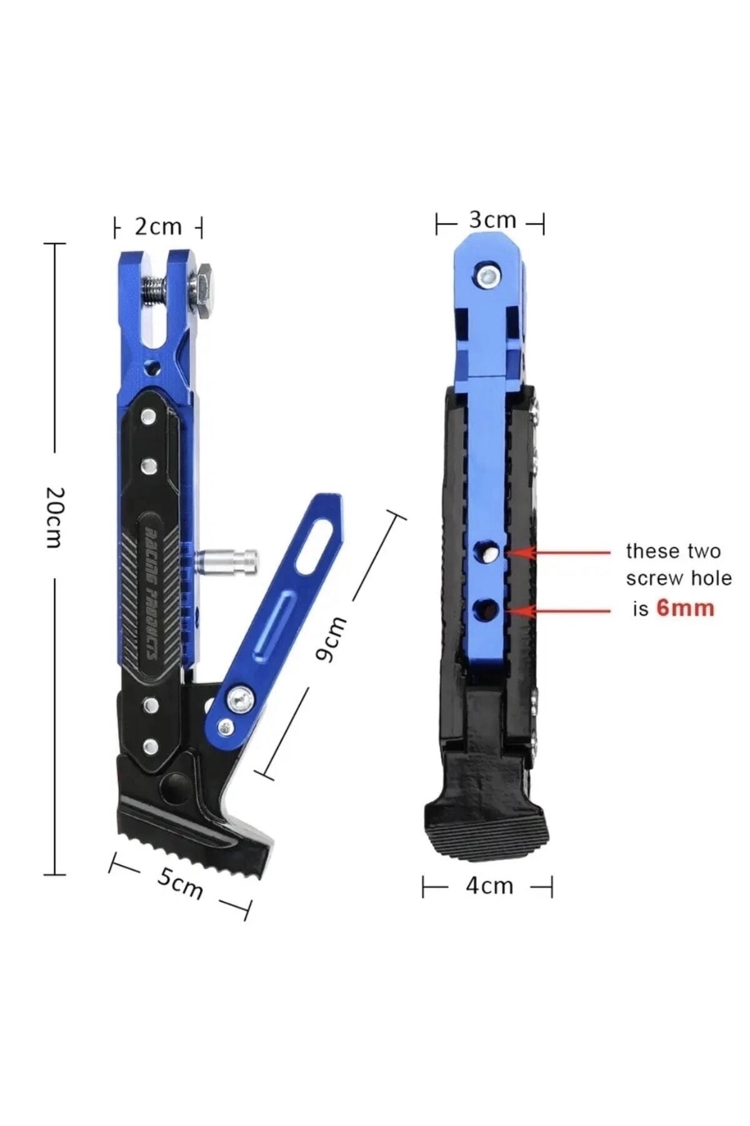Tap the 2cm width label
pos(158,226)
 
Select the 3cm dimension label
pos(493,220)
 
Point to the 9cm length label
pos(330,638)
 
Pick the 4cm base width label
pos(489,886)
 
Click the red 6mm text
pos(686,608)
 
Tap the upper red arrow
pos(559,553)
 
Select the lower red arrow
pos(559,611)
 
